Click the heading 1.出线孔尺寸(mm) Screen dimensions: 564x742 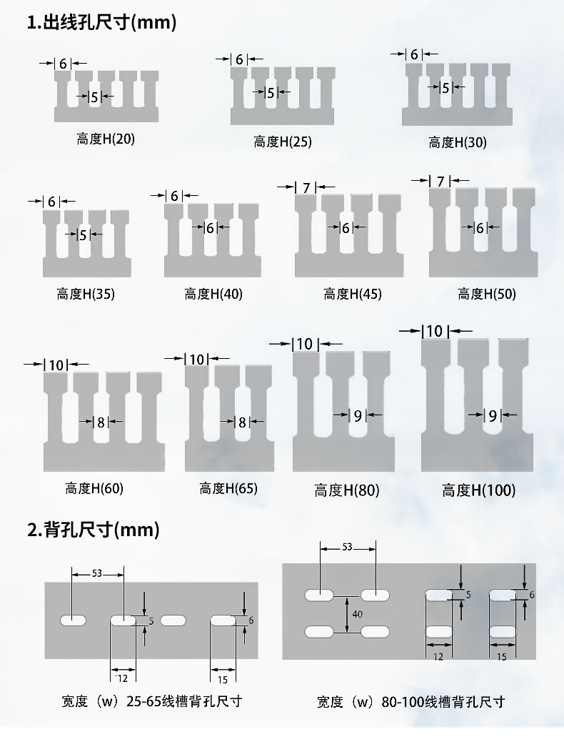point(101,22)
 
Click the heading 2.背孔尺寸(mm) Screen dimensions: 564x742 point(93,529)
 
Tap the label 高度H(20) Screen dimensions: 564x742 point(106,139)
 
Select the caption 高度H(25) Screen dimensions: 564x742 point(283,142)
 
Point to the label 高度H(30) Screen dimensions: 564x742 point(458,142)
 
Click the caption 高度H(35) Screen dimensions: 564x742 point(86,295)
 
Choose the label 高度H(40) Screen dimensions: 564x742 point(213,295)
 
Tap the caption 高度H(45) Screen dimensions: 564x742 point(353,295)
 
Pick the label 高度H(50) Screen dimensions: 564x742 point(487,295)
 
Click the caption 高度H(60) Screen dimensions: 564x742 point(94,488)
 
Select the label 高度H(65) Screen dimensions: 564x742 point(228,488)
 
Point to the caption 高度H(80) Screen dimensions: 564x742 point(347,490)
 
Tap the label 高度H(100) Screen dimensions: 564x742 point(479,490)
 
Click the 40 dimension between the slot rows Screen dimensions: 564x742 point(358,614)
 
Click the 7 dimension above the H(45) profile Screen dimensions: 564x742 point(306,188)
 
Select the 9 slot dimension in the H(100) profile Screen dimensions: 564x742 point(493,416)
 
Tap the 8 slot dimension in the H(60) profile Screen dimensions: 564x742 point(101,422)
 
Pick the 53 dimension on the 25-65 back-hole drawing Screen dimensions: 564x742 point(97,573)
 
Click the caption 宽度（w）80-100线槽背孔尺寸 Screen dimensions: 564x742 point(411,702)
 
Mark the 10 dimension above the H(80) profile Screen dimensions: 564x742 point(305,344)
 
